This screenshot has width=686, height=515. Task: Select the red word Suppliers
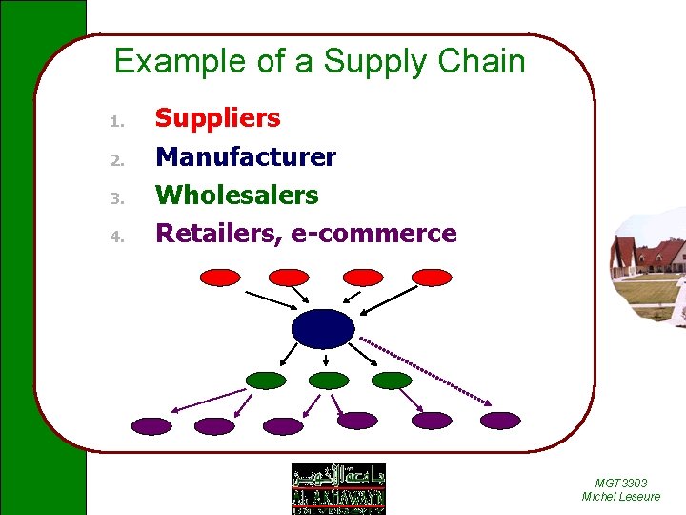[217, 118]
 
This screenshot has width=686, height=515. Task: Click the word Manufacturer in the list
[246, 156]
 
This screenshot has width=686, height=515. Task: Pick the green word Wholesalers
[236, 195]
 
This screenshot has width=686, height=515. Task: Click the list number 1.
[114, 121]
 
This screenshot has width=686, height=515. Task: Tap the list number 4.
[114, 236]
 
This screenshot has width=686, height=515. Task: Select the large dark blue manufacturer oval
[323, 328]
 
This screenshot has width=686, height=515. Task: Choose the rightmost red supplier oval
[431, 278]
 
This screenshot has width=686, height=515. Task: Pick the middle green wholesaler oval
[329, 381]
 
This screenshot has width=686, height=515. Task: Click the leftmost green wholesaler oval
[266, 381]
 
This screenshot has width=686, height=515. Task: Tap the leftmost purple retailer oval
[151, 425]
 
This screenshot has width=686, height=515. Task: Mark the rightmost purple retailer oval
[500, 421]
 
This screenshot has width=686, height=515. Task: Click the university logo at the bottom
[338, 488]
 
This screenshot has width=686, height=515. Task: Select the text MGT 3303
[620, 484]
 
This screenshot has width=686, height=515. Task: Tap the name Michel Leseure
[620, 497]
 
